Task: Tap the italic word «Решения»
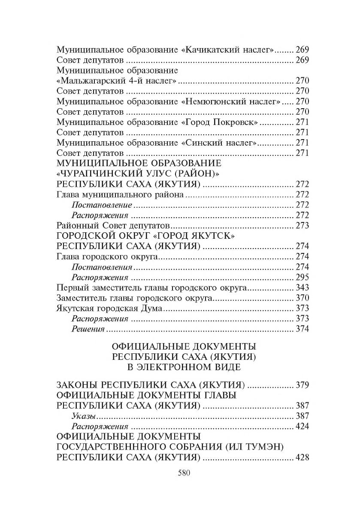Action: (88, 329)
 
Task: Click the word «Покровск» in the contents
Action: (236, 122)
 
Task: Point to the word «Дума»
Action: (150, 308)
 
